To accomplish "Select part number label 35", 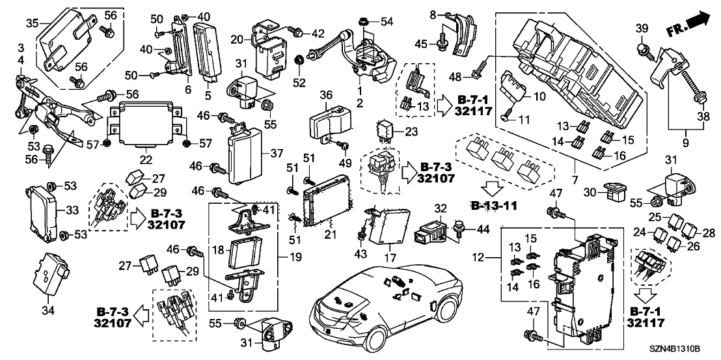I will coord(32,25).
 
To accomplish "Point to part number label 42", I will coord(318,33).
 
